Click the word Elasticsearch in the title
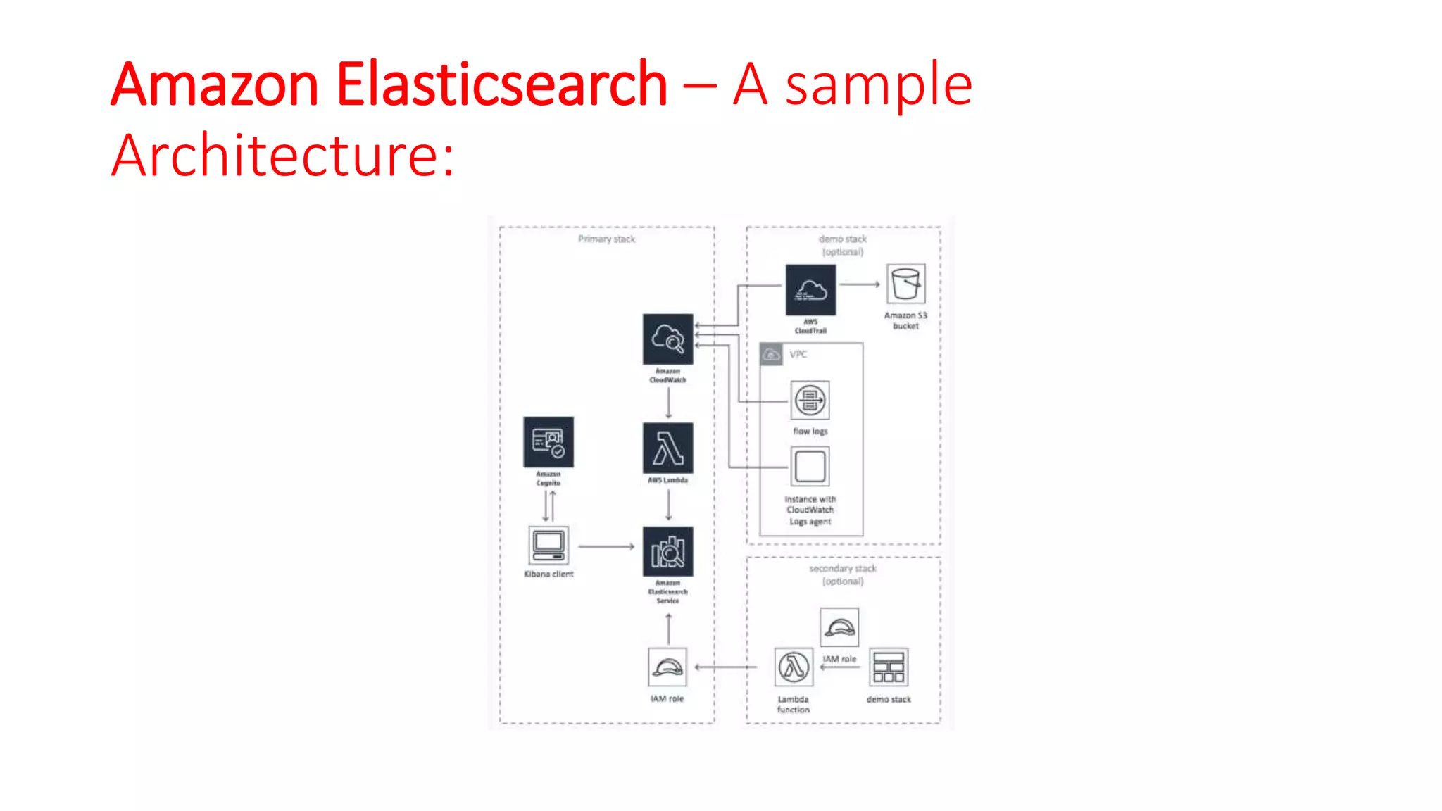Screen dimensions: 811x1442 501,84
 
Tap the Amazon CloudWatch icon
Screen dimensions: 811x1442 667,339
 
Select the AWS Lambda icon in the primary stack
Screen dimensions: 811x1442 667,448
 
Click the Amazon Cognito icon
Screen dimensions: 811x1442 548,442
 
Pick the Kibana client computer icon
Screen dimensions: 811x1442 548,546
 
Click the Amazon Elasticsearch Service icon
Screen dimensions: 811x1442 667,552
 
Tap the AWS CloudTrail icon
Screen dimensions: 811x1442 810,290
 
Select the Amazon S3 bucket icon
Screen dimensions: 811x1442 905,284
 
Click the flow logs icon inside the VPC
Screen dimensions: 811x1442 810,401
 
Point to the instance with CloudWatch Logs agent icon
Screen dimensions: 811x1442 810,467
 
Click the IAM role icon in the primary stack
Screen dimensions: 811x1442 667,667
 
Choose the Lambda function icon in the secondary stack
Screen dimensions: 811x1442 794,667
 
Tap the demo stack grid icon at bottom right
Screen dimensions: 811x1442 889,667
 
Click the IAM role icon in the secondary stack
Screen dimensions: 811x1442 839,627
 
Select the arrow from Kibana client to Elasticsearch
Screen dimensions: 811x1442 606,546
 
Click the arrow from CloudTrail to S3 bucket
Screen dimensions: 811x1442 859,284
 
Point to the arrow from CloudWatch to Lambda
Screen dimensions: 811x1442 668,403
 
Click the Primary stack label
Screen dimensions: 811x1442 606,239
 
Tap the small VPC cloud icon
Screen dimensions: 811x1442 771,354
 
